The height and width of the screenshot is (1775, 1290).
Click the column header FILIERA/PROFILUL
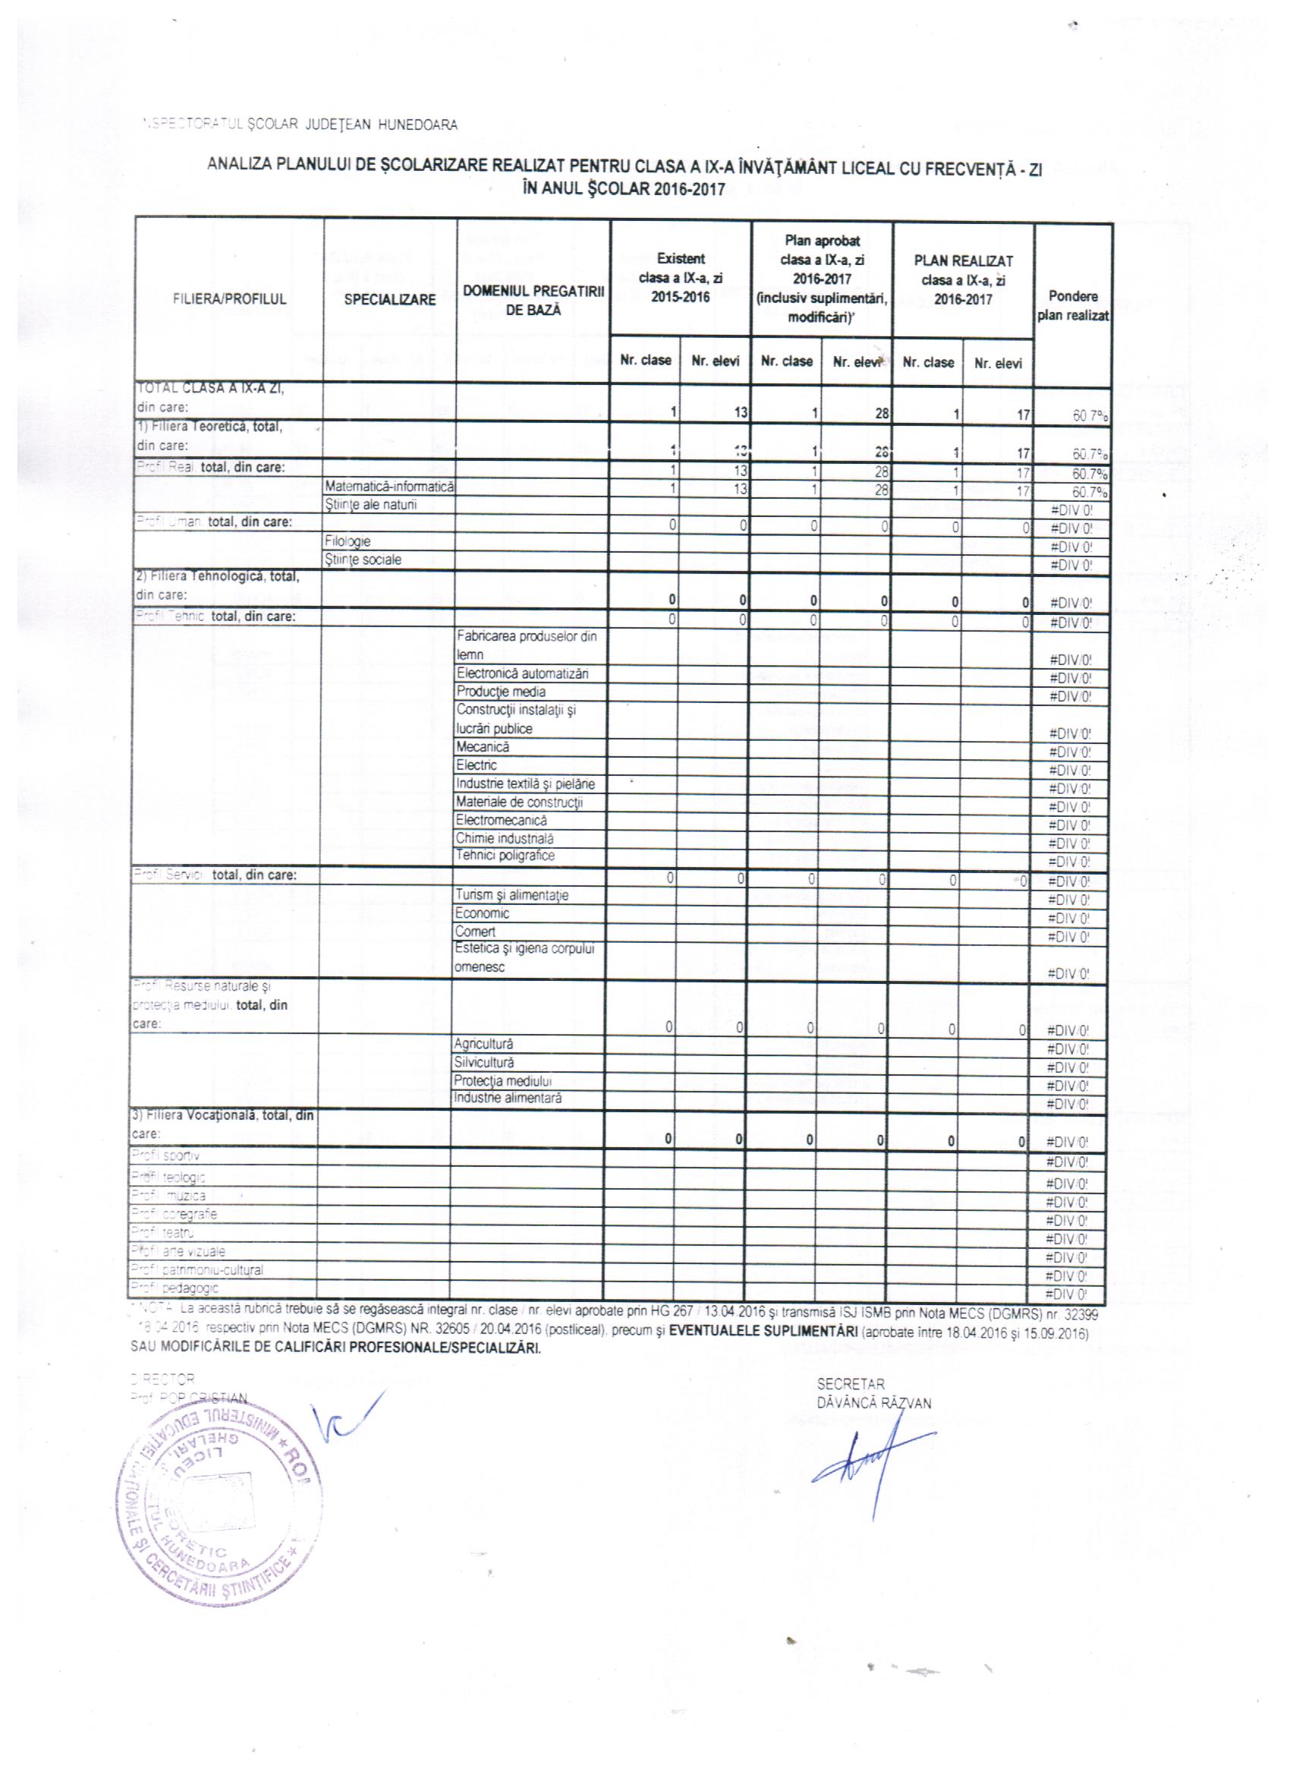coord(229,299)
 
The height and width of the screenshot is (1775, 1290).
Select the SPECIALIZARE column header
coord(389,299)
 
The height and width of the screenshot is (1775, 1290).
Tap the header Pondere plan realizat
coord(1072,306)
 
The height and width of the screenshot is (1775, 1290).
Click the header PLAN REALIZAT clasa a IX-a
coord(963,280)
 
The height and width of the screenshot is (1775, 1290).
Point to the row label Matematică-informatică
coord(389,487)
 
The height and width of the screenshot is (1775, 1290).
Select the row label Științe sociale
coord(362,560)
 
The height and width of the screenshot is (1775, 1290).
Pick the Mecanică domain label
coord(483,746)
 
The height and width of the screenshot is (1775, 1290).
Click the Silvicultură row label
coord(483,1062)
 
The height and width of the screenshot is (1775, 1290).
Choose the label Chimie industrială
coord(505,838)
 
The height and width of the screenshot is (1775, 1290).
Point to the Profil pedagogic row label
coord(175,1288)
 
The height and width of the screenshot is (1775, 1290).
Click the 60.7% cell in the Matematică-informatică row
coord(1089,492)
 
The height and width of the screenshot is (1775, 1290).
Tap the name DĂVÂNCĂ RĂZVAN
coord(874,1403)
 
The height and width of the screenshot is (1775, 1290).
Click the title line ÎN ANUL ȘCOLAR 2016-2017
coord(625,189)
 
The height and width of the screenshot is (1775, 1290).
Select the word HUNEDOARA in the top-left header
coord(418,125)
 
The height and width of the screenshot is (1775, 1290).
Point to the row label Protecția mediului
coord(502,1081)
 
